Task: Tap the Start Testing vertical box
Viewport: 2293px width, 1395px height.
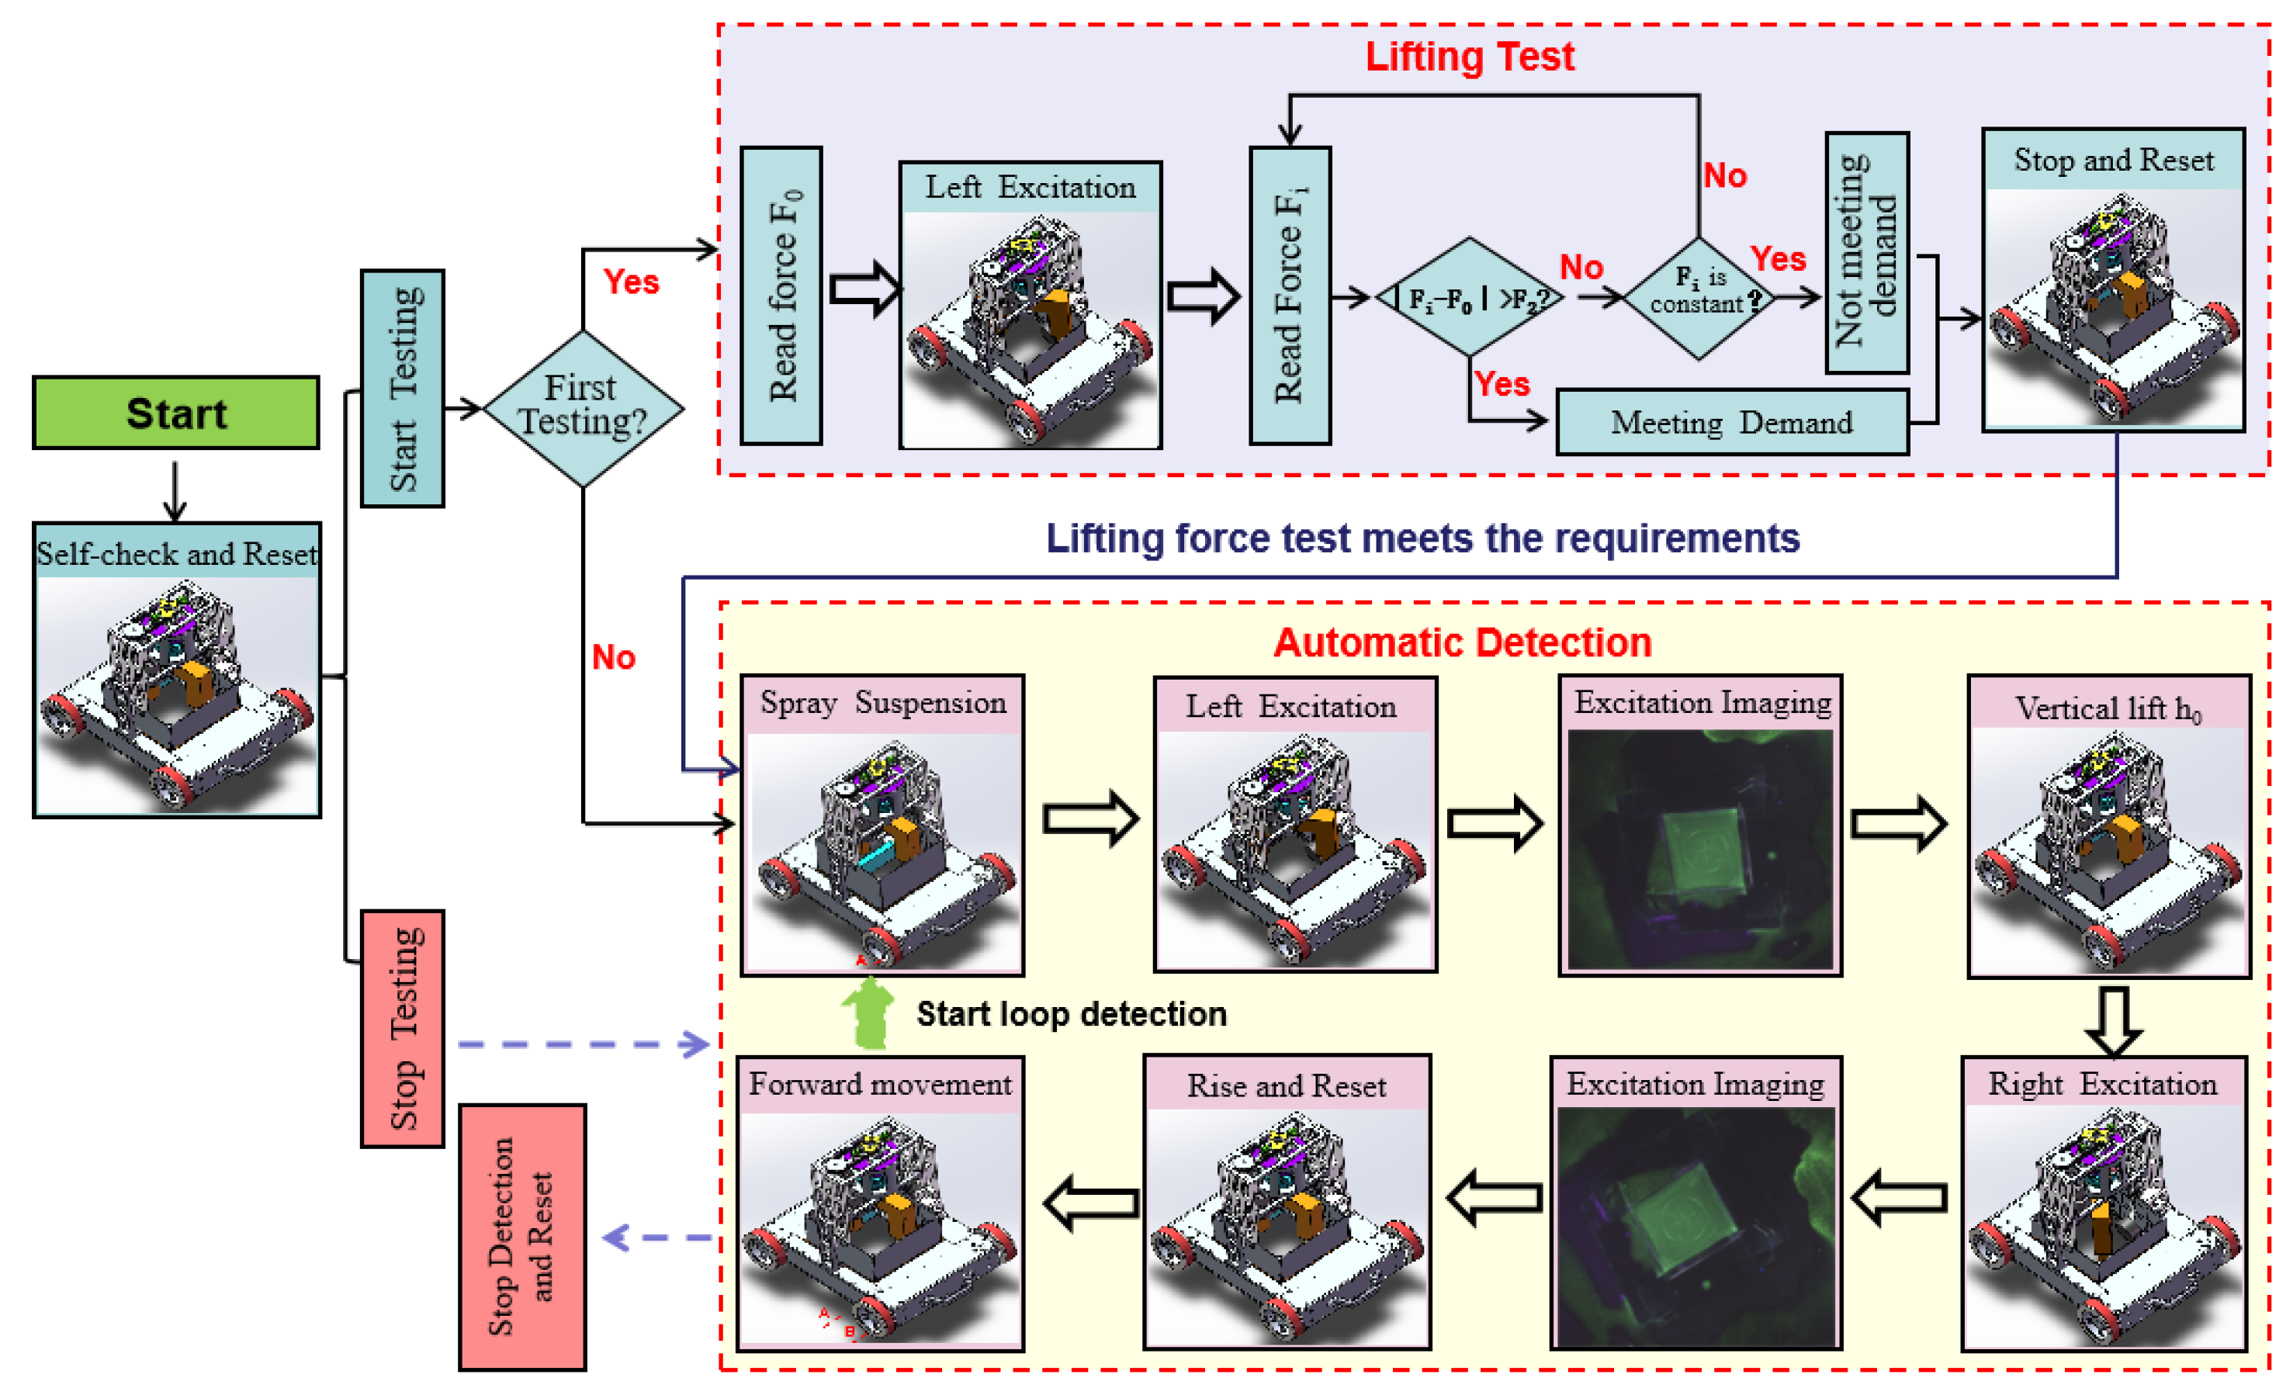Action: click(x=402, y=388)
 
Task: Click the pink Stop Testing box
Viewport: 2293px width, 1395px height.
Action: click(x=402, y=1028)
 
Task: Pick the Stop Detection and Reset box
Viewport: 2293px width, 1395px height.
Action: click(x=522, y=1237)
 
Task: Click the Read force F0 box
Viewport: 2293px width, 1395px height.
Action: click(x=781, y=295)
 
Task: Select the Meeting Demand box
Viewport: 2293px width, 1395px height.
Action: click(x=1731, y=423)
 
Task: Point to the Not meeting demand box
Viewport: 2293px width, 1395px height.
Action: click(x=1866, y=252)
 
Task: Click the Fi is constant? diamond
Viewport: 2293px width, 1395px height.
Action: click(x=1699, y=298)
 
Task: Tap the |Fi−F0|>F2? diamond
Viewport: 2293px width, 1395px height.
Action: click(x=1470, y=298)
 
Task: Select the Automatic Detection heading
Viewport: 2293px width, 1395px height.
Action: click(x=1462, y=643)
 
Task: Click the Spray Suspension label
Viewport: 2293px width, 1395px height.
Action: click(x=882, y=703)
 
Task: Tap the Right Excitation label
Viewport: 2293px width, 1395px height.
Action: click(x=2102, y=1084)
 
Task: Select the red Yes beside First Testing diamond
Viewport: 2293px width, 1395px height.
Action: click(x=631, y=281)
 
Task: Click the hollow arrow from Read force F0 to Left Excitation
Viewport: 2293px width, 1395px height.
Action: click(x=864, y=289)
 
